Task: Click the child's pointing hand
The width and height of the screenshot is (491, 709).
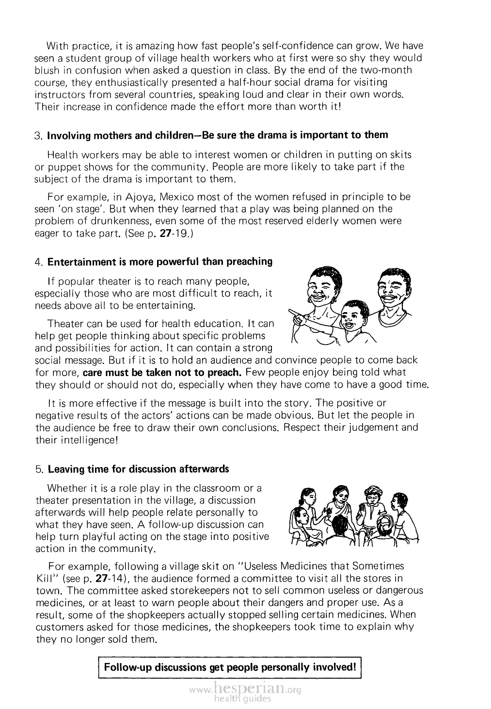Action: [296, 315]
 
